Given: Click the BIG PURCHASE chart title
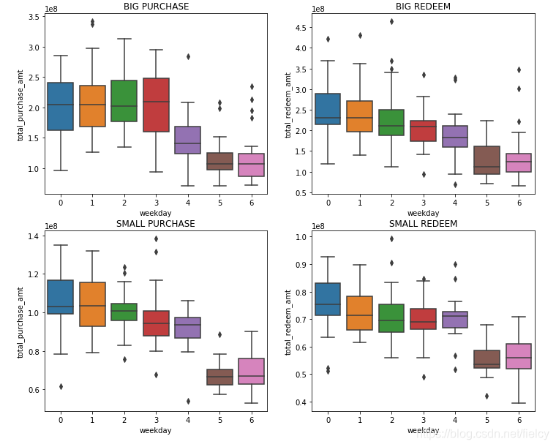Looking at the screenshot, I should click(156, 7).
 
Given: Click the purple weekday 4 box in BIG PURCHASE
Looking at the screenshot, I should click(187, 140).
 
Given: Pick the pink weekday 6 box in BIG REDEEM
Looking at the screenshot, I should click(518, 163).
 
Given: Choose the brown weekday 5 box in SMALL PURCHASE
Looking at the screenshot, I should click(219, 377).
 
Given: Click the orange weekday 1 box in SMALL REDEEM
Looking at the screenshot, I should click(359, 313).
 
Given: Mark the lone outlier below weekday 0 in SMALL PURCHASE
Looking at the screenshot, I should click(60, 386).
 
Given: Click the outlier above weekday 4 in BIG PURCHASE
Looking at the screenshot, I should click(187, 56).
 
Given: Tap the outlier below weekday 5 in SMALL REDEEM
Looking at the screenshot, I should click(487, 396).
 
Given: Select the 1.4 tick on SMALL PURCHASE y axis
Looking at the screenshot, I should click(34, 236).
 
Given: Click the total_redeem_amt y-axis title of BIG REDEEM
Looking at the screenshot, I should click(288, 105).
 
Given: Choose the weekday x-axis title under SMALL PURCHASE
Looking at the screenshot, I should click(155, 430).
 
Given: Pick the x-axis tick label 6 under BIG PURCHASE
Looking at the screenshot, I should click(251, 203).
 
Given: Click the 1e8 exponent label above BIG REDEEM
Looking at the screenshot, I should click(318, 9).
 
